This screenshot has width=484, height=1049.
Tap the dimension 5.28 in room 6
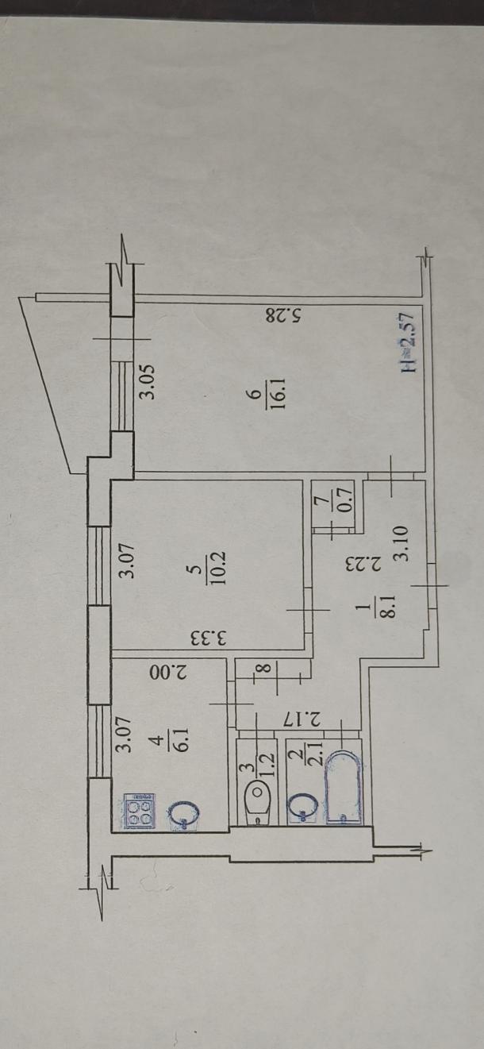[284, 315]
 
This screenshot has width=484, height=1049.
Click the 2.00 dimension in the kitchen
[168, 673]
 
